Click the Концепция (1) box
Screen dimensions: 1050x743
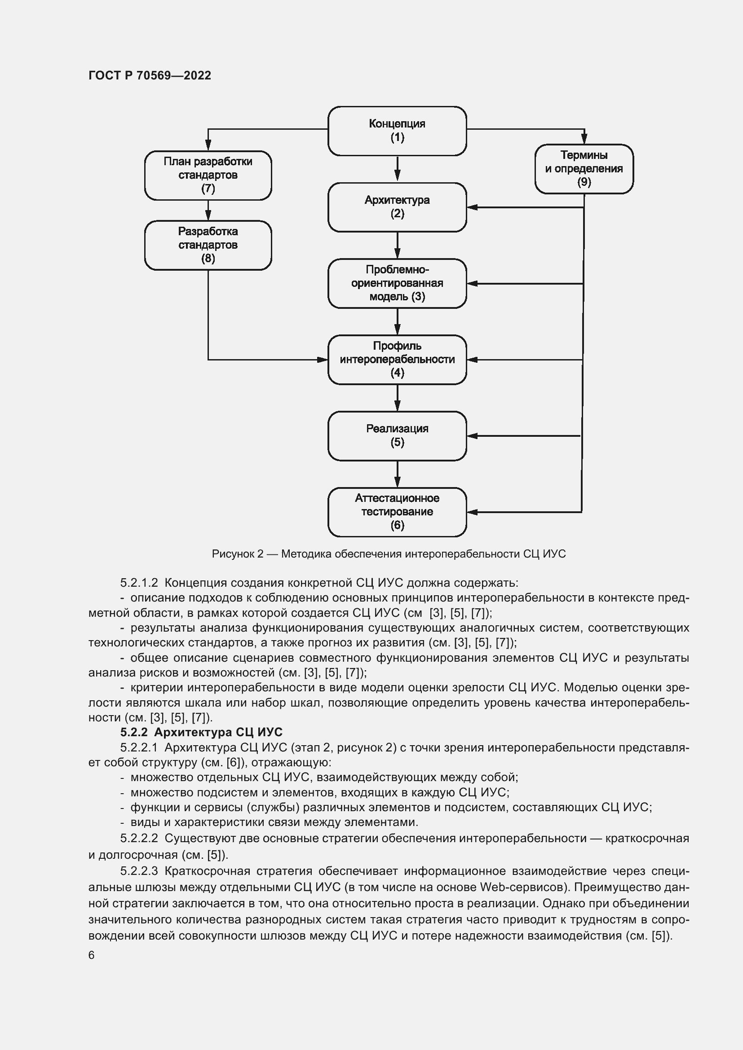[397, 131]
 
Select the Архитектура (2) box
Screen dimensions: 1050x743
[397, 207]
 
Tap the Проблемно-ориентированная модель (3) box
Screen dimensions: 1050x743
[397, 283]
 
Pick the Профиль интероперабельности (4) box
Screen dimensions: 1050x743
[397, 360]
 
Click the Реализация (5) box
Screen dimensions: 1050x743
[397, 435]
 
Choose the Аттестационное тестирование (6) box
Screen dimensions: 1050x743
[397, 512]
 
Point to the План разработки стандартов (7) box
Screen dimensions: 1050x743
[208, 175]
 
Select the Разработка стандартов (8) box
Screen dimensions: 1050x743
[208, 245]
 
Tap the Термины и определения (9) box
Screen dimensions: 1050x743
[584, 169]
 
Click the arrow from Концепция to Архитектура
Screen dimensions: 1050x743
[397, 169]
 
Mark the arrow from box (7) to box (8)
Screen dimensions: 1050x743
[208, 211]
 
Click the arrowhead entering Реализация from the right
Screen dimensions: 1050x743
[472, 436]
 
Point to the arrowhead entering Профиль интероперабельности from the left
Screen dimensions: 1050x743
[323, 360]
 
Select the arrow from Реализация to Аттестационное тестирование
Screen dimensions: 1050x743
[397, 474]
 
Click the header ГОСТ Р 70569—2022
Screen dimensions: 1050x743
[150, 75]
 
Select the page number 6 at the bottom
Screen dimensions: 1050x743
[92, 955]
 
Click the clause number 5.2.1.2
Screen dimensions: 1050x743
[139, 583]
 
